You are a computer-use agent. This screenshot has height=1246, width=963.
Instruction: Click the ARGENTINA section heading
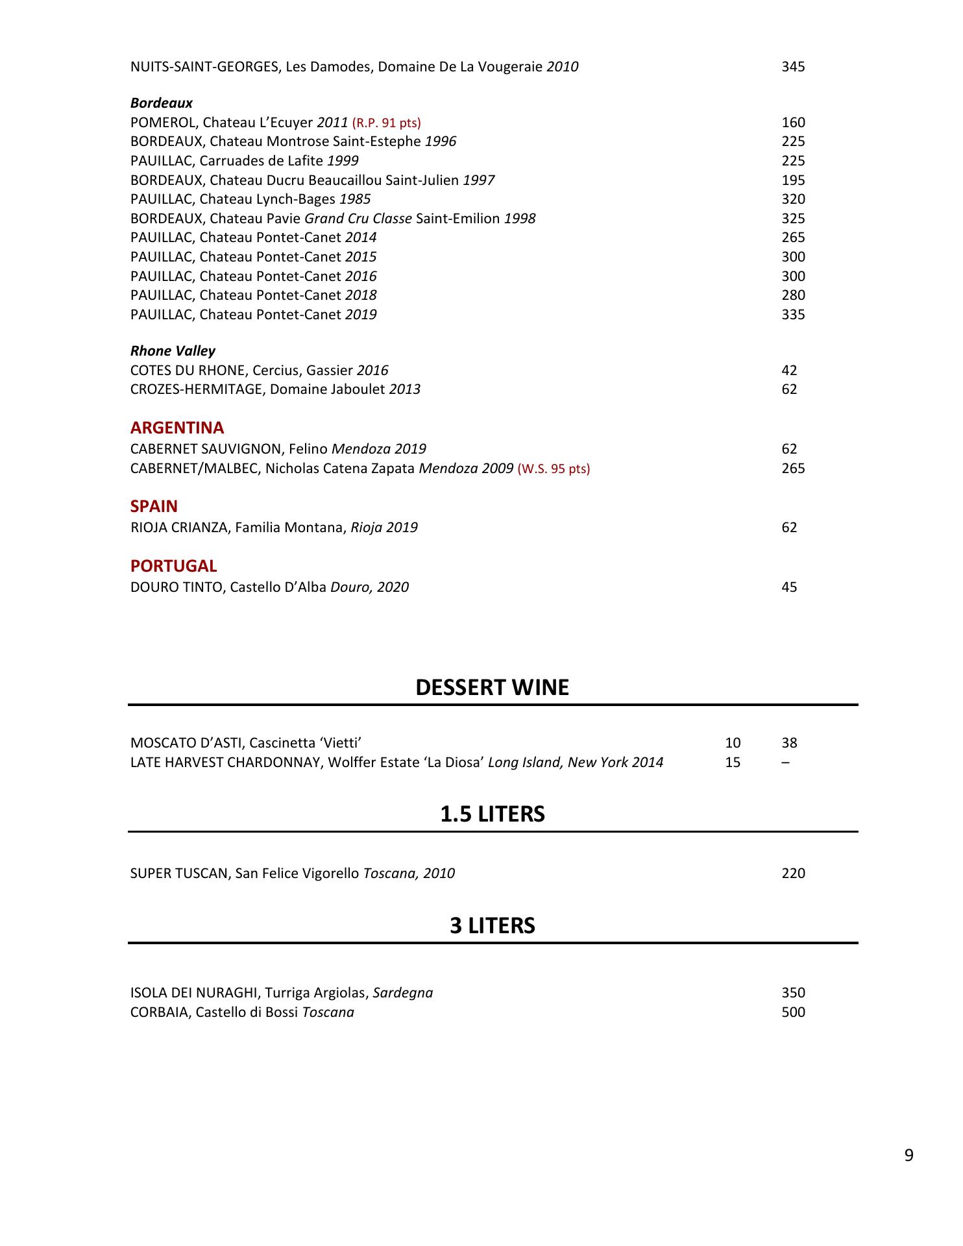point(177,428)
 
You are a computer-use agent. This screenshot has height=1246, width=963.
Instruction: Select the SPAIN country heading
point(154,507)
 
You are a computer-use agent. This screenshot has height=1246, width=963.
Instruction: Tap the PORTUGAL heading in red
point(173,567)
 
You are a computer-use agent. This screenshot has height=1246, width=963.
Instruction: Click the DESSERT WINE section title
point(492,688)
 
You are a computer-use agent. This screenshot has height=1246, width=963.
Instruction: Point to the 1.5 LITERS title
point(493,814)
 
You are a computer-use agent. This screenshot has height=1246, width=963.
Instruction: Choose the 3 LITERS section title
point(493,926)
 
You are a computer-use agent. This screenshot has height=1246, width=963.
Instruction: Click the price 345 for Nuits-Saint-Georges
point(793,67)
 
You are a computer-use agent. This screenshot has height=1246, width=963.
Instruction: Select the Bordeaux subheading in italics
point(162,103)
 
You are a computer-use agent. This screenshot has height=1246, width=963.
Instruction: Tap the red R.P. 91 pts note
point(386,123)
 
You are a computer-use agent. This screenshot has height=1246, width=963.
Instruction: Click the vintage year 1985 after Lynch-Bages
point(355,199)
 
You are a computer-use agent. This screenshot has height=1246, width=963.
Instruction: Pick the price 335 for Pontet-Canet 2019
point(793,315)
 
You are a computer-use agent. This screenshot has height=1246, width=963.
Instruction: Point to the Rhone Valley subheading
point(173,351)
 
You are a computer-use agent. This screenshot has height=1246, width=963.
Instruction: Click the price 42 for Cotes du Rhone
point(789,371)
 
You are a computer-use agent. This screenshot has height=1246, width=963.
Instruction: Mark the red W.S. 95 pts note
point(554,469)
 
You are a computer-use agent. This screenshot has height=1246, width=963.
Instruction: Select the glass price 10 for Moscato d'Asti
point(733,743)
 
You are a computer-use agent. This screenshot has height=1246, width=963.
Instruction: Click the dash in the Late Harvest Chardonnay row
point(786,763)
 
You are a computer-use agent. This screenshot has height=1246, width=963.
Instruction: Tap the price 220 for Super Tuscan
point(793,873)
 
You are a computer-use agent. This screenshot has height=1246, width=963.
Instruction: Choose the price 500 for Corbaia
point(793,1012)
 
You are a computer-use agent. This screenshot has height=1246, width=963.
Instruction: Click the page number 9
point(908,1156)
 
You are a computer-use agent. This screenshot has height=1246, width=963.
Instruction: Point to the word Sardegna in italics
point(403,993)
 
